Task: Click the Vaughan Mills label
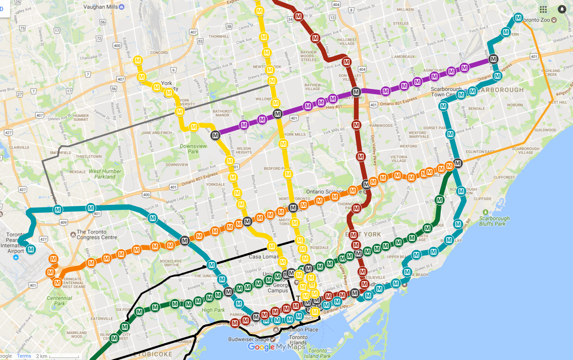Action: [x=101, y=7]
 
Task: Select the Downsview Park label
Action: [x=193, y=149]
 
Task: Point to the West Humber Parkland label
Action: [x=105, y=174]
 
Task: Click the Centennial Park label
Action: [x=59, y=300]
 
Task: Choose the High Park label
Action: [x=213, y=310]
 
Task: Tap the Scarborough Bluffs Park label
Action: [x=494, y=221]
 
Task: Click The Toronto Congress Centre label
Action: [x=97, y=235]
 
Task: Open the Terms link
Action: [x=24, y=356]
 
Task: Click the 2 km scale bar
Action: [x=64, y=356]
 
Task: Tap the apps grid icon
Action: [x=543, y=9]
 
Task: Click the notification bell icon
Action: [x=562, y=9]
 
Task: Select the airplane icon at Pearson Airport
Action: [x=16, y=257]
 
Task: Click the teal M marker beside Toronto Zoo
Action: [x=518, y=18]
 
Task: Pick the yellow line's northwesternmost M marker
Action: [x=138, y=61]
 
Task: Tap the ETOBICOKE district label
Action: [x=153, y=354]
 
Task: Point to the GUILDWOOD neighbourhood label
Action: [x=545, y=130]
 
